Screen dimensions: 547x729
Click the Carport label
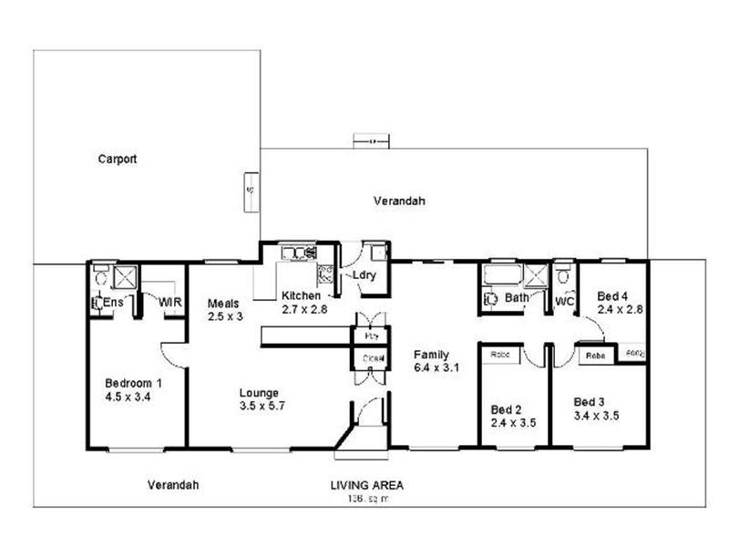coord(118,159)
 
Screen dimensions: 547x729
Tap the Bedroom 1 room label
coord(133,382)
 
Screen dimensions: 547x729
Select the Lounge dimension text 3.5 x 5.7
coord(262,407)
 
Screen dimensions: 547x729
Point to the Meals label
coord(222,303)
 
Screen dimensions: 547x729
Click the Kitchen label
coord(300,296)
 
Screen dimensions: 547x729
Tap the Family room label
coord(430,354)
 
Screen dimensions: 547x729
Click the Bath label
coord(517,297)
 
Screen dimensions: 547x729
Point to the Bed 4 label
coord(612,296)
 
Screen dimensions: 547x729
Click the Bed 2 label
coord(506,409)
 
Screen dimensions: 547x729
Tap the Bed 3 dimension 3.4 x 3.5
coord(597,415)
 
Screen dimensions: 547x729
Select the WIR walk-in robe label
coord(169,302)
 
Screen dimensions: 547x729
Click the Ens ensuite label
coord(114,302)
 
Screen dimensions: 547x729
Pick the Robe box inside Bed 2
coord(500,354)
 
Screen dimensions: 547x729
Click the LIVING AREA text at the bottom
coord(366,486)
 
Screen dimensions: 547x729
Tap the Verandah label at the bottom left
coord(172,485)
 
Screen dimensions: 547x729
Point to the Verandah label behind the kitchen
coord(399,201)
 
